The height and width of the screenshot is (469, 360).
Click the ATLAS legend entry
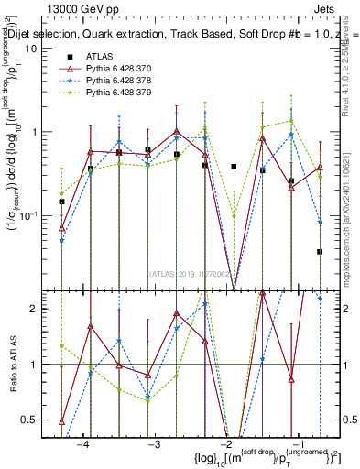(100, 57)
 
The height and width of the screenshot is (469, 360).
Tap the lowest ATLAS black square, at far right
(320, 251)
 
